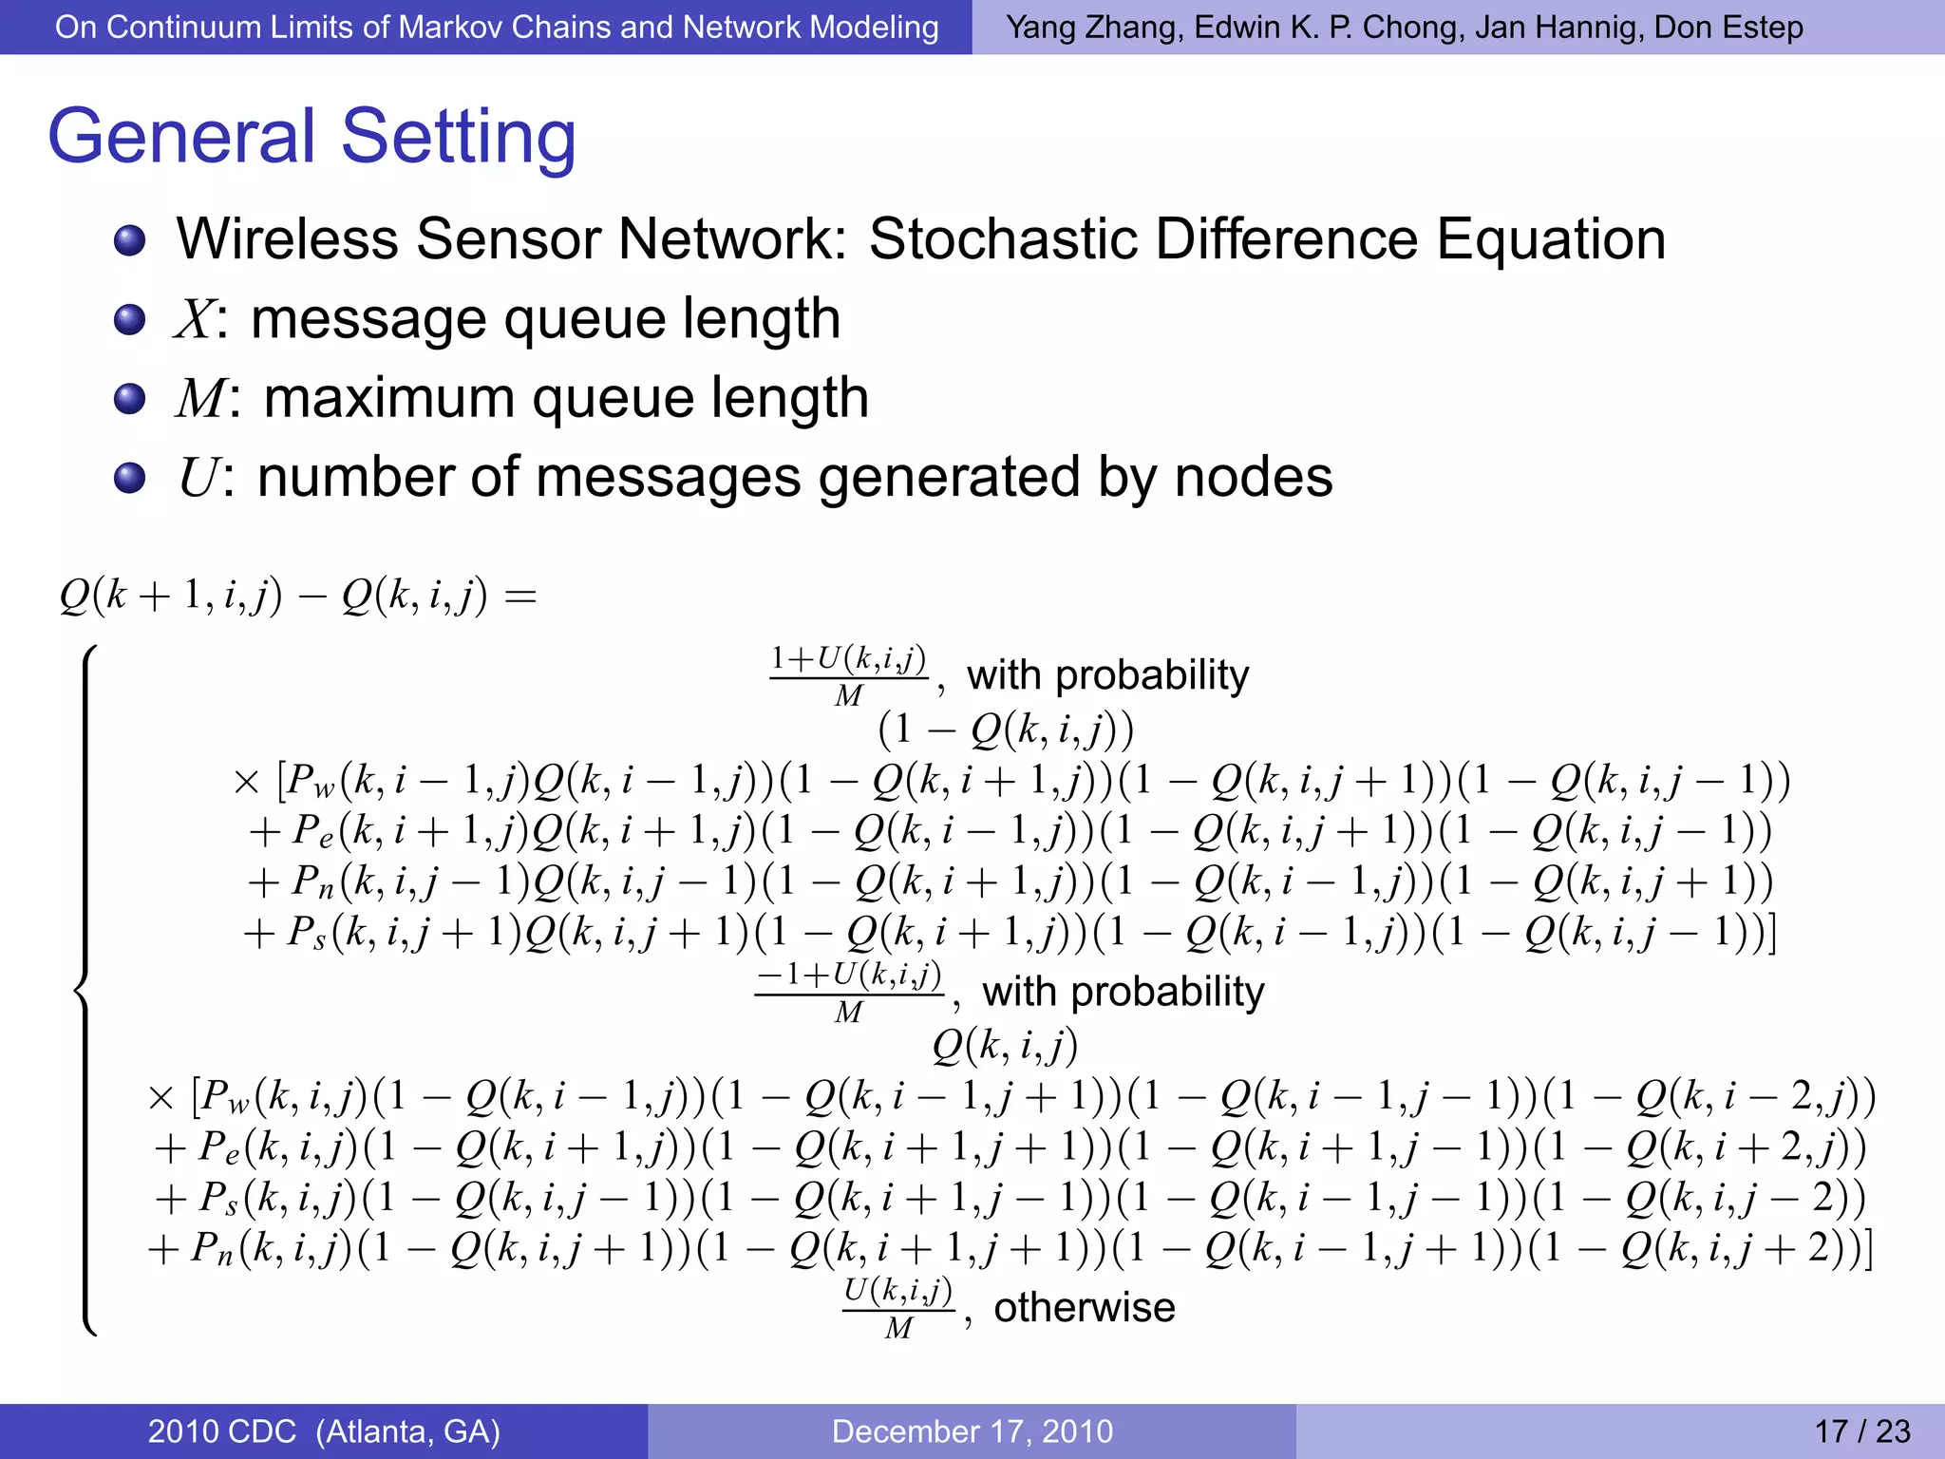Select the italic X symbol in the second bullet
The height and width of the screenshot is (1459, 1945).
(196, 319)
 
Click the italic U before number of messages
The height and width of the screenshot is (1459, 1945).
(199, 478)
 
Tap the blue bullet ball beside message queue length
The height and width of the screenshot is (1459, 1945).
(129, 320)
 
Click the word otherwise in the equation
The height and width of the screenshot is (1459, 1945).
(1084, 1308)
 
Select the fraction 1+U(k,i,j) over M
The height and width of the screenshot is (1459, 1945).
(848, 675)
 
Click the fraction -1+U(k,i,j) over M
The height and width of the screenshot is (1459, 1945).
(848, 992)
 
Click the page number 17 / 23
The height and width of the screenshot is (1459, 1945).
(1861, 1431)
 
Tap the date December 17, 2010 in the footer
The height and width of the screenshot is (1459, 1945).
(972, 1431)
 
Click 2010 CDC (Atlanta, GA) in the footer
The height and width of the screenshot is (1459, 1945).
(324, 1431)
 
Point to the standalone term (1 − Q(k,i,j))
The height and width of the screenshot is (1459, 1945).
(1006, 729)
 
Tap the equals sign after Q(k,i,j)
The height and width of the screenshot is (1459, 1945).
(520, 597)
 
